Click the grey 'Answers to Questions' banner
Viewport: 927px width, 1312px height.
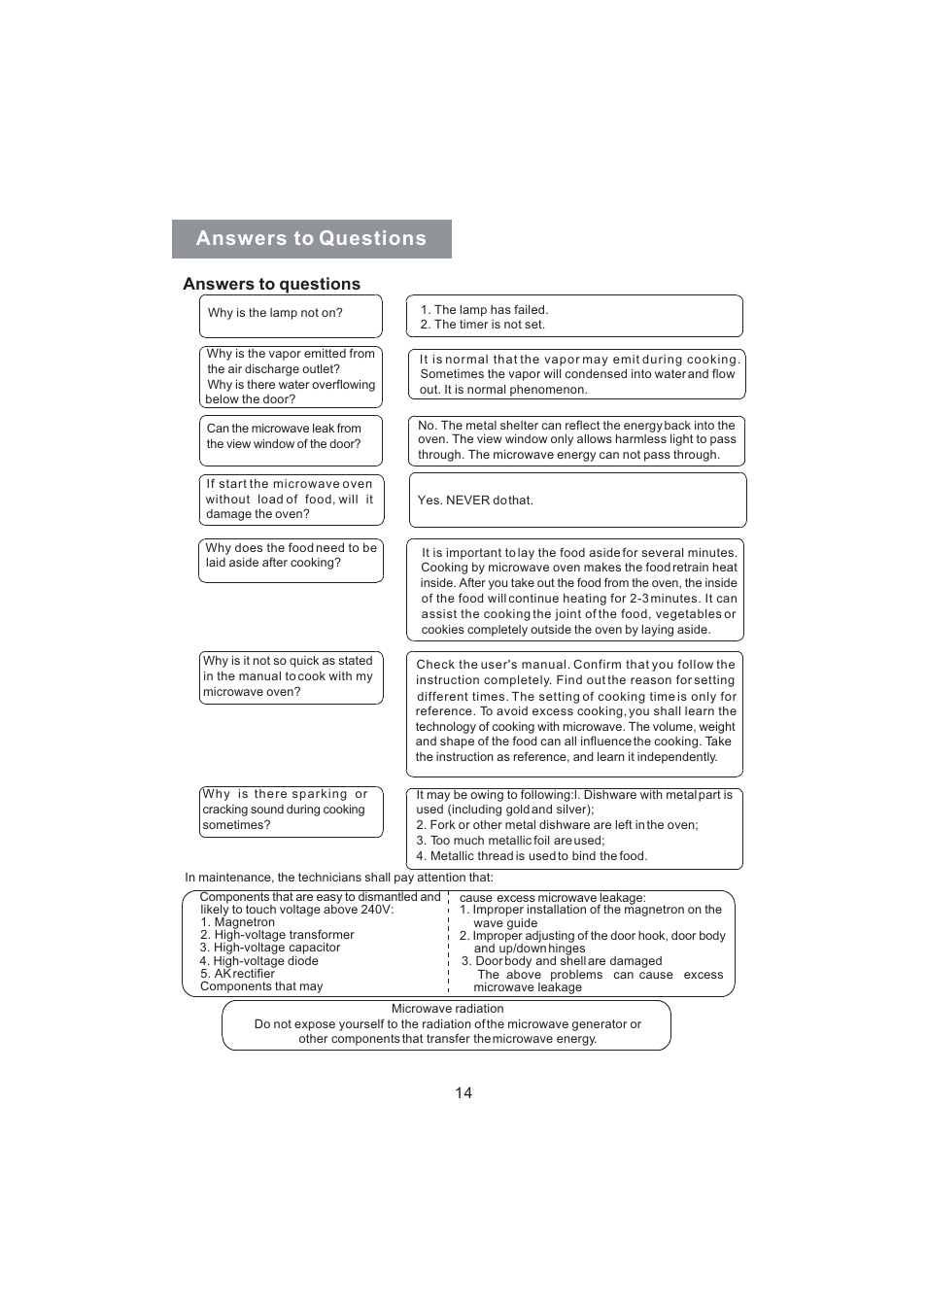(x=311, y=239)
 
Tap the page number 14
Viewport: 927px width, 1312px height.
(x=463, y=1093)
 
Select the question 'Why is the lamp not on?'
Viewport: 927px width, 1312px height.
(x=275, y=313)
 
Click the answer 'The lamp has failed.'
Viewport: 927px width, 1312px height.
(x=491, y=310)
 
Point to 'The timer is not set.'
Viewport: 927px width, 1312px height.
(x=489, y=325)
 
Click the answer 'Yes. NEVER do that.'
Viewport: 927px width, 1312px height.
(x=475, y=501)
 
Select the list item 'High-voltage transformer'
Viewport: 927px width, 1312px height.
(x=284, y=935)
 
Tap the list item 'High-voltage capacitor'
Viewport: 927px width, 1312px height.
(x=276, y=948)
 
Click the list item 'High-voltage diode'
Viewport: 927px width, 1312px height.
(x=265, y=961)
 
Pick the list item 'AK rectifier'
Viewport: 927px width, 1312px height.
(x=244, y=974)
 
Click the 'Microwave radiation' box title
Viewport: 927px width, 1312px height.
(x=447, y=1009)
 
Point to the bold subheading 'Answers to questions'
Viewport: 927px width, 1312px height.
(x=271, y=284)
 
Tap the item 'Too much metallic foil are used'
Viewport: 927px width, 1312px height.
(x=516, y=841)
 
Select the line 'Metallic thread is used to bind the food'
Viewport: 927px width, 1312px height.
(x=537, y=856)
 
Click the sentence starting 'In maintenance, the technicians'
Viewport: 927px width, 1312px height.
(x=338, y=878)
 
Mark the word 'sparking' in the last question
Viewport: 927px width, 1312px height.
(x=320, y=794)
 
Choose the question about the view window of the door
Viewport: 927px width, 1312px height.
(x=284, y=436)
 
